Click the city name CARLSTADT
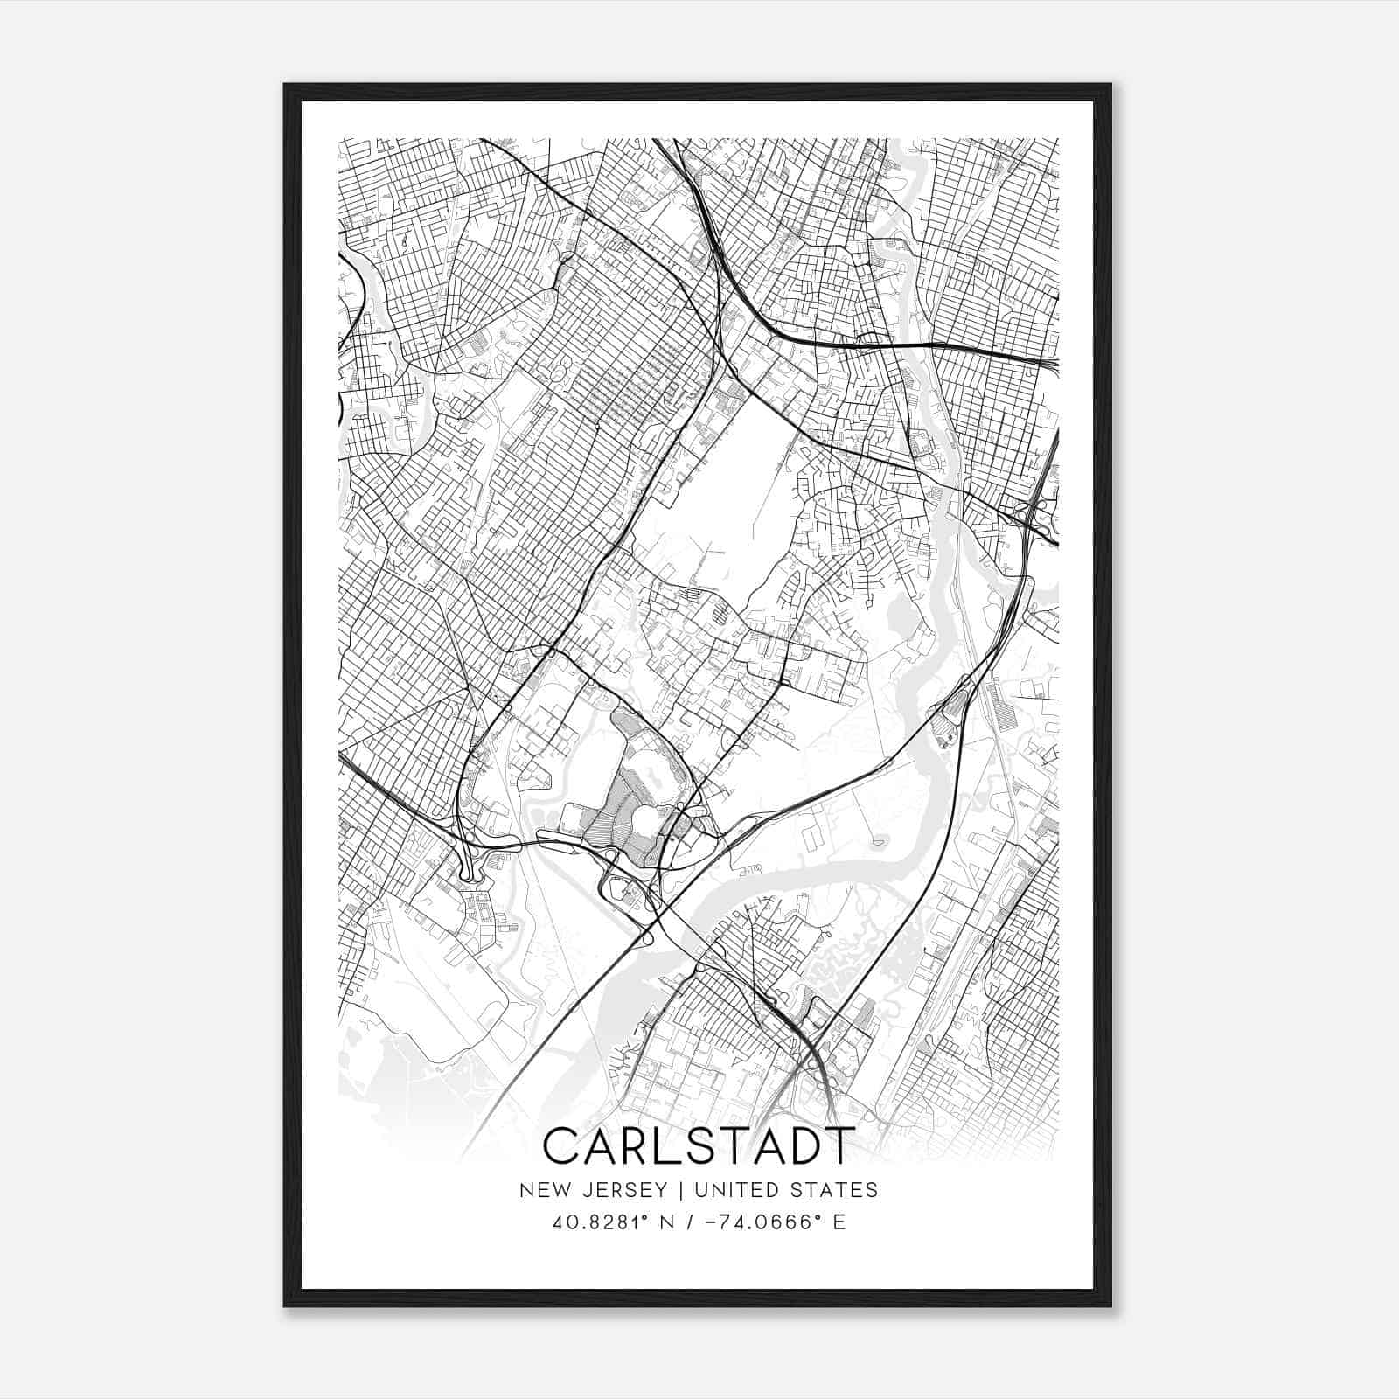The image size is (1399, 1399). (x=697, y=1146)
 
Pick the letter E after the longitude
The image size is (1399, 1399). (x=839, y=1222)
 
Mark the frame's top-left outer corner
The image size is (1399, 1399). (x=284, y=84)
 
